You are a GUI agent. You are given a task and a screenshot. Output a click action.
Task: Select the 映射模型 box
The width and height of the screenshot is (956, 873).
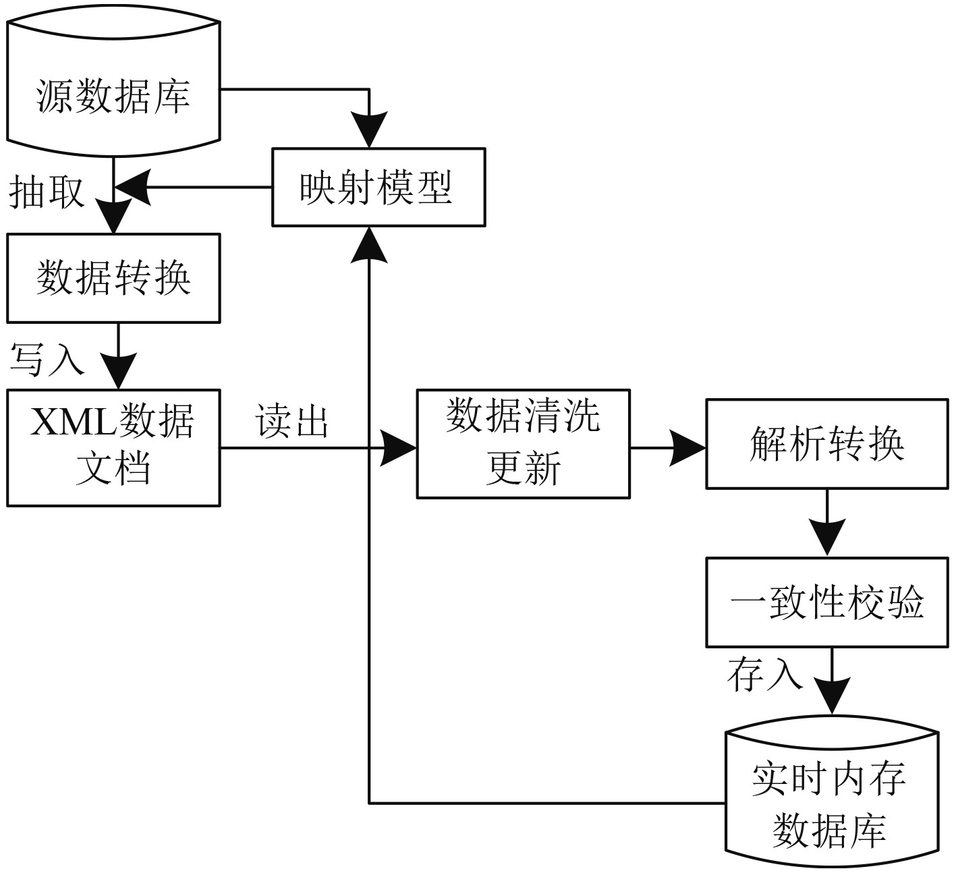378,187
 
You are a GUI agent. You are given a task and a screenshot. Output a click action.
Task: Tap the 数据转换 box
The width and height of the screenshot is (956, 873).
113,278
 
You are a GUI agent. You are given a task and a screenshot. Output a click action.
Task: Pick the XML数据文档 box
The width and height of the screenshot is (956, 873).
113,447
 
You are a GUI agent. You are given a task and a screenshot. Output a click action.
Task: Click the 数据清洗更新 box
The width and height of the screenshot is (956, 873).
523,443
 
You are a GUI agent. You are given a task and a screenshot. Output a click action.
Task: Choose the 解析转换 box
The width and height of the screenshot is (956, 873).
826,443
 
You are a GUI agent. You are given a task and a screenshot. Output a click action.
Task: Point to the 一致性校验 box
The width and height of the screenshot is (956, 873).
826,602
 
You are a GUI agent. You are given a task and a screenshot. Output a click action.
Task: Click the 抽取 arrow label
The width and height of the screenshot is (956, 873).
46,192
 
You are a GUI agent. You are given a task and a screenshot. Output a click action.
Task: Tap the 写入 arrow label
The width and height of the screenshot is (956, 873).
46,358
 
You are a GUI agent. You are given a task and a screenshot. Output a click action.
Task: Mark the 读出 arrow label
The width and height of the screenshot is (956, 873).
291,422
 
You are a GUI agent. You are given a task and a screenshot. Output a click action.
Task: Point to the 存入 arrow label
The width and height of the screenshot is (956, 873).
764,674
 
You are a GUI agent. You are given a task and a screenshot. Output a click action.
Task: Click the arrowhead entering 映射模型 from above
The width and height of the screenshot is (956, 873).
369,132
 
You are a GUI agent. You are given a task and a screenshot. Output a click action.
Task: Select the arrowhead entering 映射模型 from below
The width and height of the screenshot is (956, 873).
369,244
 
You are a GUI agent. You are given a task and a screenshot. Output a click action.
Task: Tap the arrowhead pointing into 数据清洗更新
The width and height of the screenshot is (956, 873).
399,447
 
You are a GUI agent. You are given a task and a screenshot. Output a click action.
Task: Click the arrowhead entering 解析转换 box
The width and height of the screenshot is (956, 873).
688,447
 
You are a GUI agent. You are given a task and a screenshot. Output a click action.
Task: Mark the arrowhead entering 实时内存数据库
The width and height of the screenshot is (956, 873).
831,695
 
